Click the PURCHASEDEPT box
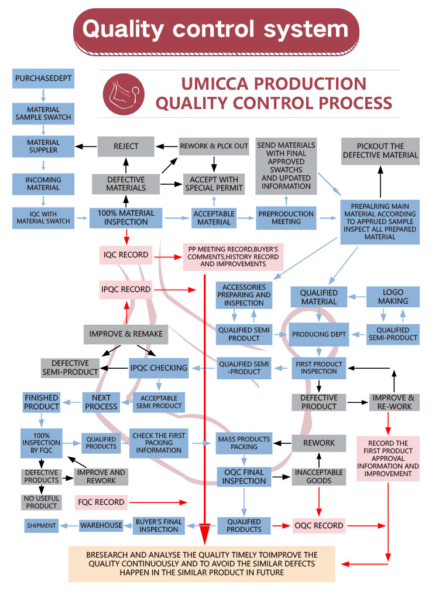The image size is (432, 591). click(x=43, y=79)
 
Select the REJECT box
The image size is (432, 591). click(x=126, y=146)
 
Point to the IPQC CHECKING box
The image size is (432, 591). click(x=159, y=368)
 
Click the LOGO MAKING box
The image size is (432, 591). click(x=393, y=297)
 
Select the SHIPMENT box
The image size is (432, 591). click(x=41, y=525)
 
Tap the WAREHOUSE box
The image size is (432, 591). click(x=101, y=525)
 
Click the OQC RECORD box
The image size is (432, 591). click(x=319, y=525)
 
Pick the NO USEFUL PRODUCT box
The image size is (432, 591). click(x=41, y=502)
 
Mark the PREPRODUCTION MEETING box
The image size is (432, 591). click(x=286, y=218)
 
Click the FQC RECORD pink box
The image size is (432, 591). click(x=101, y=502)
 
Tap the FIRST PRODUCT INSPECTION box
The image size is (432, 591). click(x=318, y=368)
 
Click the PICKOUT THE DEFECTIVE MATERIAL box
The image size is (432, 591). click(x=380, y=151)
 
